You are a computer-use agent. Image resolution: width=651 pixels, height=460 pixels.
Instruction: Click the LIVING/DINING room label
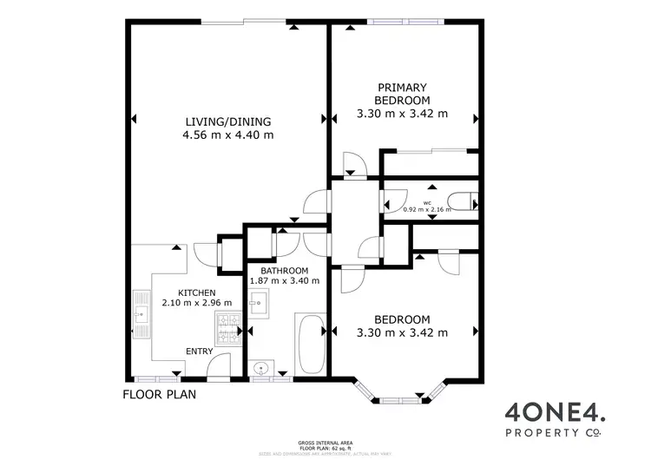pos(227,121)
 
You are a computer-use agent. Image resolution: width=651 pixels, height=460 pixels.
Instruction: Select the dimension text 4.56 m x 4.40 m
pos(227,135)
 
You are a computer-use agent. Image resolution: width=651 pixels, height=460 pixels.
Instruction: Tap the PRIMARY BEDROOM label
pos(402,93)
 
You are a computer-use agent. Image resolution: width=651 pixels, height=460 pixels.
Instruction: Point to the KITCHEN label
pos(197,292)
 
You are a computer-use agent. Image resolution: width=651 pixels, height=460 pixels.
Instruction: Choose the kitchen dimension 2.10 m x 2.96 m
pos(197,304)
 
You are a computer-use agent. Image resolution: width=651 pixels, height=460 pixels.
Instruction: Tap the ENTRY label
pos(201,351)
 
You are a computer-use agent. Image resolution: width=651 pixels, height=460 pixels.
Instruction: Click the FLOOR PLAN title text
pos(159,394)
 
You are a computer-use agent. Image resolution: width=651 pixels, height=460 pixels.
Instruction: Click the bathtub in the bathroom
pos(310,345)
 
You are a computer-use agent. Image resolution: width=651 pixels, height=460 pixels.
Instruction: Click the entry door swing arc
pos(219,365)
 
